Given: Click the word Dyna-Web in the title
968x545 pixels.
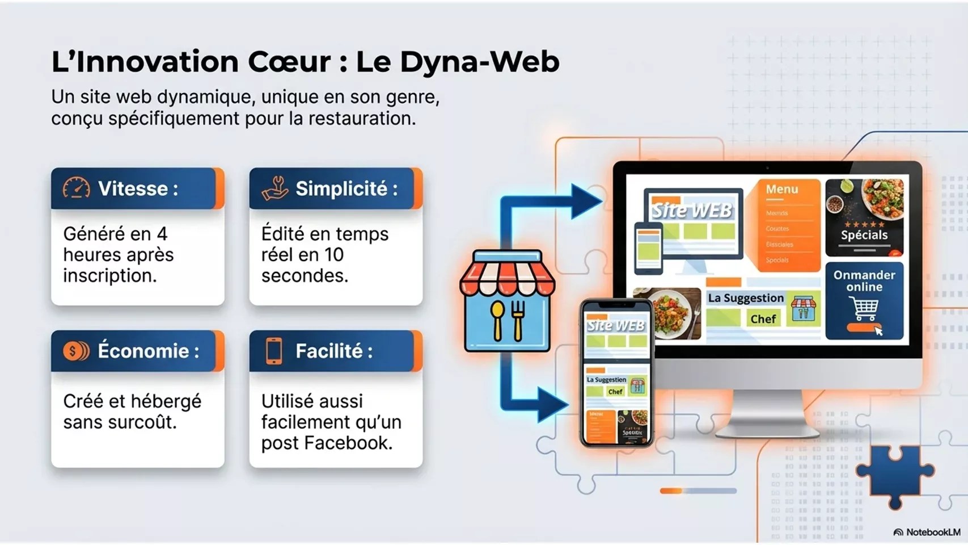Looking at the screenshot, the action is (479, 61).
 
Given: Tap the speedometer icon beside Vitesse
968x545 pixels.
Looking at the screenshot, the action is (77, 188).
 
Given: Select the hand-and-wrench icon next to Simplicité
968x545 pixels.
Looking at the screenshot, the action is (275, 188).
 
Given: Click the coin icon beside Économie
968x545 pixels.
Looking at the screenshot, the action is (76, 351).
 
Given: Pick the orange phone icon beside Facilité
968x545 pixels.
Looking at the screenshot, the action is (274, 351).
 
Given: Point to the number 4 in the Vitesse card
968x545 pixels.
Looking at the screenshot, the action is (162, 234).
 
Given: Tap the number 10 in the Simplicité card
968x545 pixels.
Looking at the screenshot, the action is (335, 255).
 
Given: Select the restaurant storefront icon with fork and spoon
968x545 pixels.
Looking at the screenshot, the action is (507, 301).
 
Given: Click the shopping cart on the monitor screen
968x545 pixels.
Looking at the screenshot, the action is (864, 309).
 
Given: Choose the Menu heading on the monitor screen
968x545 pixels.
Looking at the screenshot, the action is (782, 190).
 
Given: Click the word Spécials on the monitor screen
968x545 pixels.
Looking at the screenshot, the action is (864, 235).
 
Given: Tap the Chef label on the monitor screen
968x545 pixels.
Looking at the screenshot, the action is (763, 319).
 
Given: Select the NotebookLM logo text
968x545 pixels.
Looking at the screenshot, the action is (933, 532).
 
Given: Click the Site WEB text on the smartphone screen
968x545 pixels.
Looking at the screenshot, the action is (616, 326).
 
